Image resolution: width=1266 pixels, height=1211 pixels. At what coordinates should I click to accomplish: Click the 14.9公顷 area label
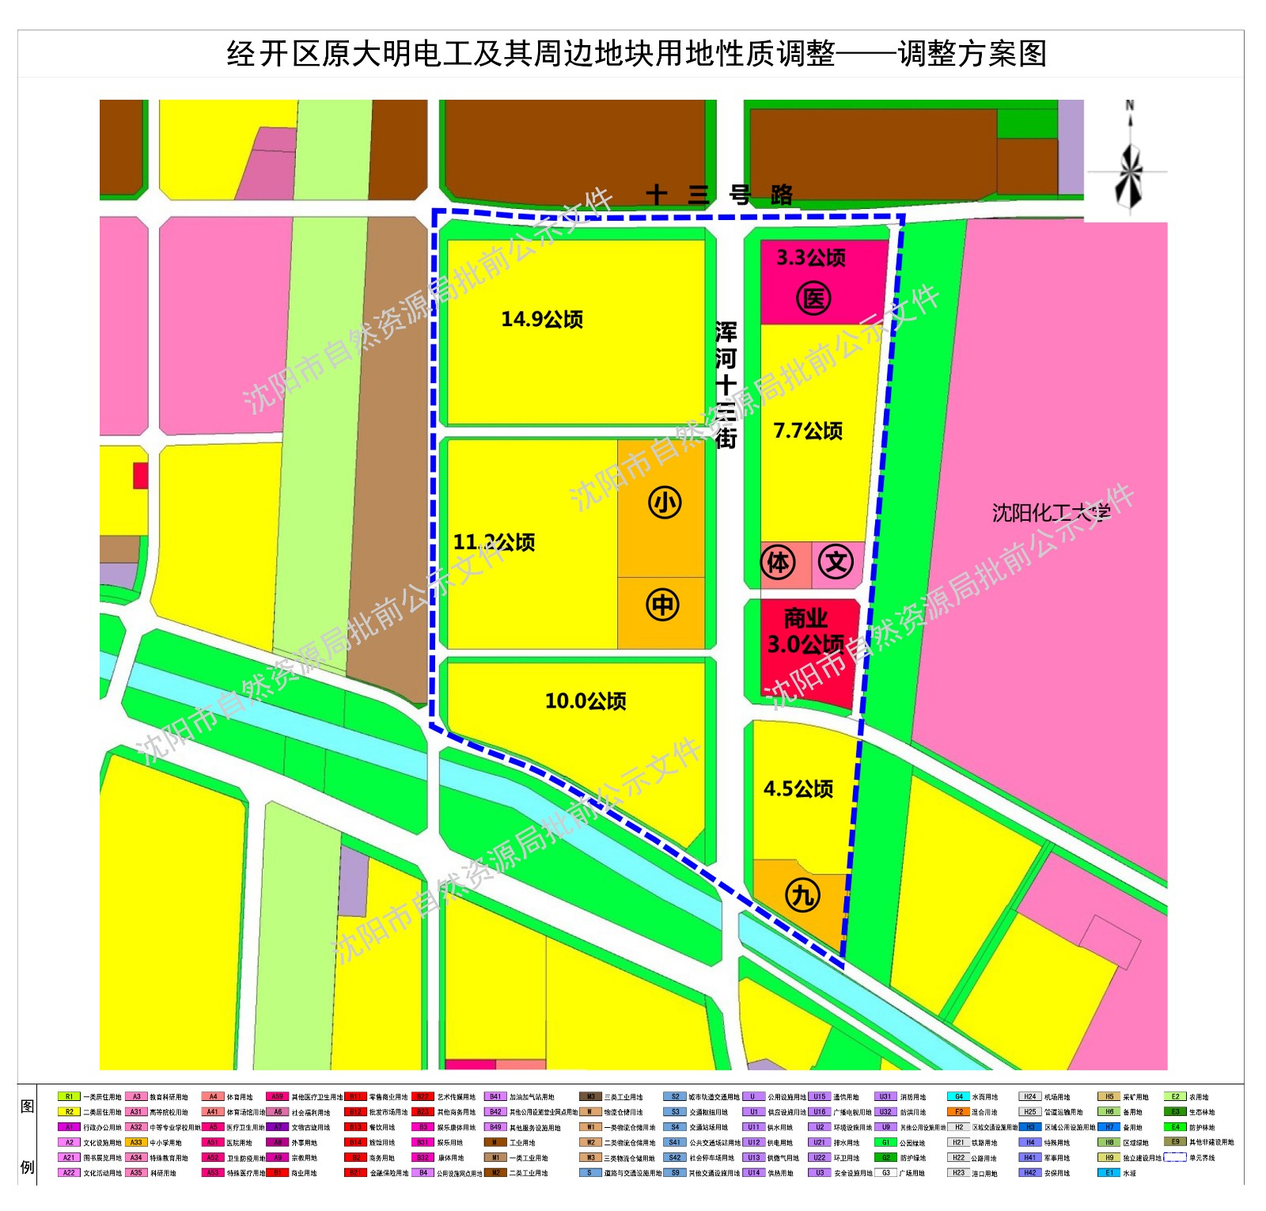[542, 319]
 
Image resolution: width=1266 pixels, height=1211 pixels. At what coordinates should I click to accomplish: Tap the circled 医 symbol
[813, 299]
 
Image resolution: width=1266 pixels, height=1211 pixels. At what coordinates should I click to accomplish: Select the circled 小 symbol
[665, 503]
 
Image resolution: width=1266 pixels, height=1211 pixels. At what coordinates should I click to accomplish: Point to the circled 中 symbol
[663, 605]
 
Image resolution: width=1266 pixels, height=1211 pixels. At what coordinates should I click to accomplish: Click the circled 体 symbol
[778, 563]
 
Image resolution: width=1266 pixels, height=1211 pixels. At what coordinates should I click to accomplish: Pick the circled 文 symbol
[836, 563]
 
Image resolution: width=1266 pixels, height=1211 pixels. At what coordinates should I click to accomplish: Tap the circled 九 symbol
[802, 895]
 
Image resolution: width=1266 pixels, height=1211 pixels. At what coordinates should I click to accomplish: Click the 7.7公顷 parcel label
[808, 431]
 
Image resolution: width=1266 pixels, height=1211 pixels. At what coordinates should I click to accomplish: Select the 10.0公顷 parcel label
[586, 700]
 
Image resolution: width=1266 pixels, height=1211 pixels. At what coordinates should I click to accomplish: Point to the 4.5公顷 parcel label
[798, 788]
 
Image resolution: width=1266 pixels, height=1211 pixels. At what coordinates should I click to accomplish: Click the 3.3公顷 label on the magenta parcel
[811, 257]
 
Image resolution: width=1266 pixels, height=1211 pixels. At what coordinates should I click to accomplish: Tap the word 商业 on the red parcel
[805, 617]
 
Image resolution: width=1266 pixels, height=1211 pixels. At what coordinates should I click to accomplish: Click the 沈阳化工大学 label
[1051, 513]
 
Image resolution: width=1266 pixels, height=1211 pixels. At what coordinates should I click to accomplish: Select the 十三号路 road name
[718, 195]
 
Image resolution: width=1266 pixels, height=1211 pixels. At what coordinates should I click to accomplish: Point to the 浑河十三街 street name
[726, 385]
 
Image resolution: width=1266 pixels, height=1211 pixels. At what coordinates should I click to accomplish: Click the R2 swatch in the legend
[69, 1112]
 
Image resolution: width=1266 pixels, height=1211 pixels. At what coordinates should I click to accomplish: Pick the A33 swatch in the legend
[136, 1142]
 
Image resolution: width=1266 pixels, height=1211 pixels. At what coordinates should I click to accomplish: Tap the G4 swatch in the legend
[958, 1097]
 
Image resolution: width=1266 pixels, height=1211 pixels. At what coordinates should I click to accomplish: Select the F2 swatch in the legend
[958, 1112]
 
